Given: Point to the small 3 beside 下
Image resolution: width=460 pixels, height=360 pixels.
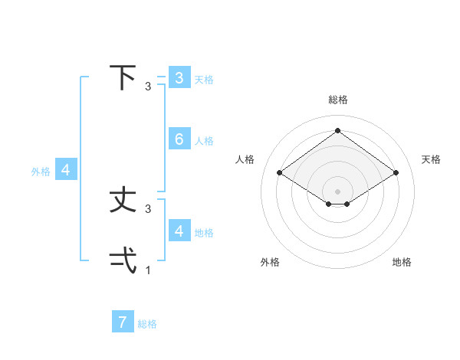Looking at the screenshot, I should point(148,87).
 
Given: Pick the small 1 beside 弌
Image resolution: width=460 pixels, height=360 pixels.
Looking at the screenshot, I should point(148,270).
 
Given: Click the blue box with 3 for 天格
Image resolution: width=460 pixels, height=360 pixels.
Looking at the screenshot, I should point(179,77).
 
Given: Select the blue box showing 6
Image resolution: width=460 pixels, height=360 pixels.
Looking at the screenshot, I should point(179,139).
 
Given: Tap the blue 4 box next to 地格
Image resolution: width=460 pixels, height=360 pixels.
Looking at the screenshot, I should point(179,231).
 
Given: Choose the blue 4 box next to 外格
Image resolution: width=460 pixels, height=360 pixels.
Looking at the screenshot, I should point(66,170).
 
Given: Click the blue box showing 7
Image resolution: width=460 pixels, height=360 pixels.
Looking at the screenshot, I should point(123,322).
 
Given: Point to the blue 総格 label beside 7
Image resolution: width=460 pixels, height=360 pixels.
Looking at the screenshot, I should point(147,324).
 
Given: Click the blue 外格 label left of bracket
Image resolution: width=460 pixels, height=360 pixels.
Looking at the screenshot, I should point(41,172).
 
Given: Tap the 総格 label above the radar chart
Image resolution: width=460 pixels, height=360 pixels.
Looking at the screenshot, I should point(337,100).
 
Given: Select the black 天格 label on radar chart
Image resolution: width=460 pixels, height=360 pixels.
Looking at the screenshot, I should point(431,159).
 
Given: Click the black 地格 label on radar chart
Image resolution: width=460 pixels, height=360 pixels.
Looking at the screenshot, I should point(402,262).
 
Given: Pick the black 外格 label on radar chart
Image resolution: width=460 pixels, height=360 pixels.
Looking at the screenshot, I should point(270,262).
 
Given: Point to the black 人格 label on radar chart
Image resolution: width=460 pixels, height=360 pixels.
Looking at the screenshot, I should point(245,159).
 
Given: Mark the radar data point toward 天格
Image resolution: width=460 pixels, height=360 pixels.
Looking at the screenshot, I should point(396,173).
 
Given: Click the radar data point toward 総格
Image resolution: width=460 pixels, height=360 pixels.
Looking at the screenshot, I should point(337,131).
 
